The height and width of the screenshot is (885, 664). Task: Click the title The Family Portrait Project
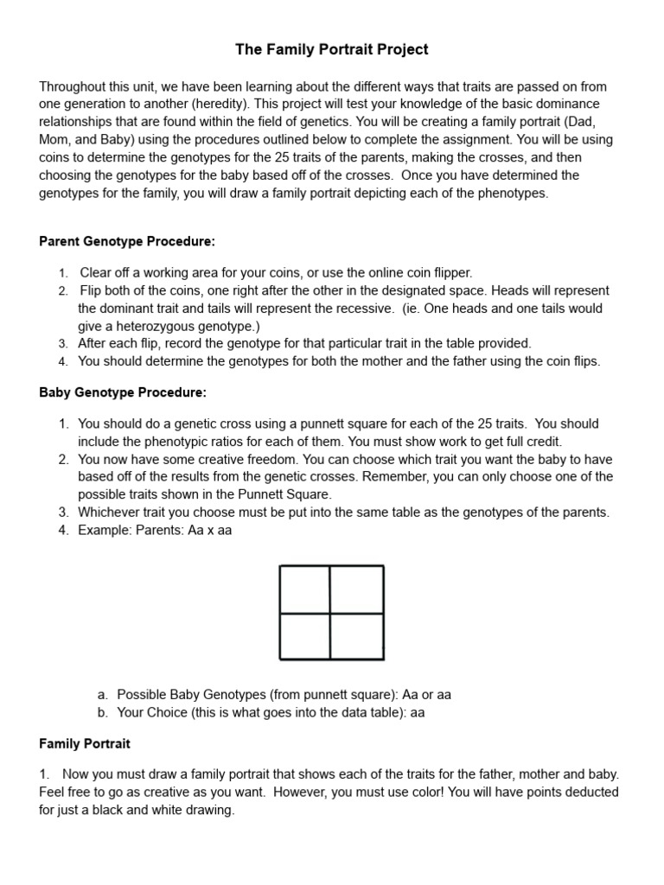coord(332,50)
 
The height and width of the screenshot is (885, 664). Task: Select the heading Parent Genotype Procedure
coord(127,240)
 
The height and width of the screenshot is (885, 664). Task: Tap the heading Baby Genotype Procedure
coord(123,392)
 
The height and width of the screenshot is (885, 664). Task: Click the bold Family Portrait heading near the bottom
coord(85,743)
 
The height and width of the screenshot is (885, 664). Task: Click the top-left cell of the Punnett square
coord(305,589)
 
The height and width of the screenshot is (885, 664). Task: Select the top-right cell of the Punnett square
coord(357,589)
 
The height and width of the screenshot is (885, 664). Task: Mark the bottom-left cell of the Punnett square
coord(305,636)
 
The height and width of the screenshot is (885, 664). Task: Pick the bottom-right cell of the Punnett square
coord(357,636)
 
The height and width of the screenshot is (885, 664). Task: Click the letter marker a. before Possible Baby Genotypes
coord(103,695)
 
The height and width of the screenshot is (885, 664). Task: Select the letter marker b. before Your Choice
coord(103,713)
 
